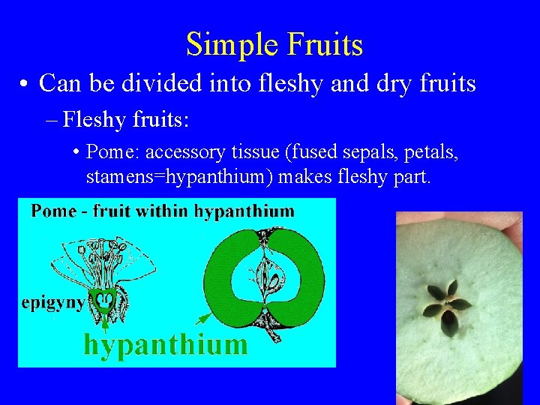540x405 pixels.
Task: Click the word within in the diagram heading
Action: pos(164,211)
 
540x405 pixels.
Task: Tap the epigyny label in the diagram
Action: pos(52,304)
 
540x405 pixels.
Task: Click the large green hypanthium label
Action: pos(165,344)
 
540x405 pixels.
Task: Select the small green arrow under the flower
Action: pos(105,323)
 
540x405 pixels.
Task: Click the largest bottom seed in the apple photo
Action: pos(448,322)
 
